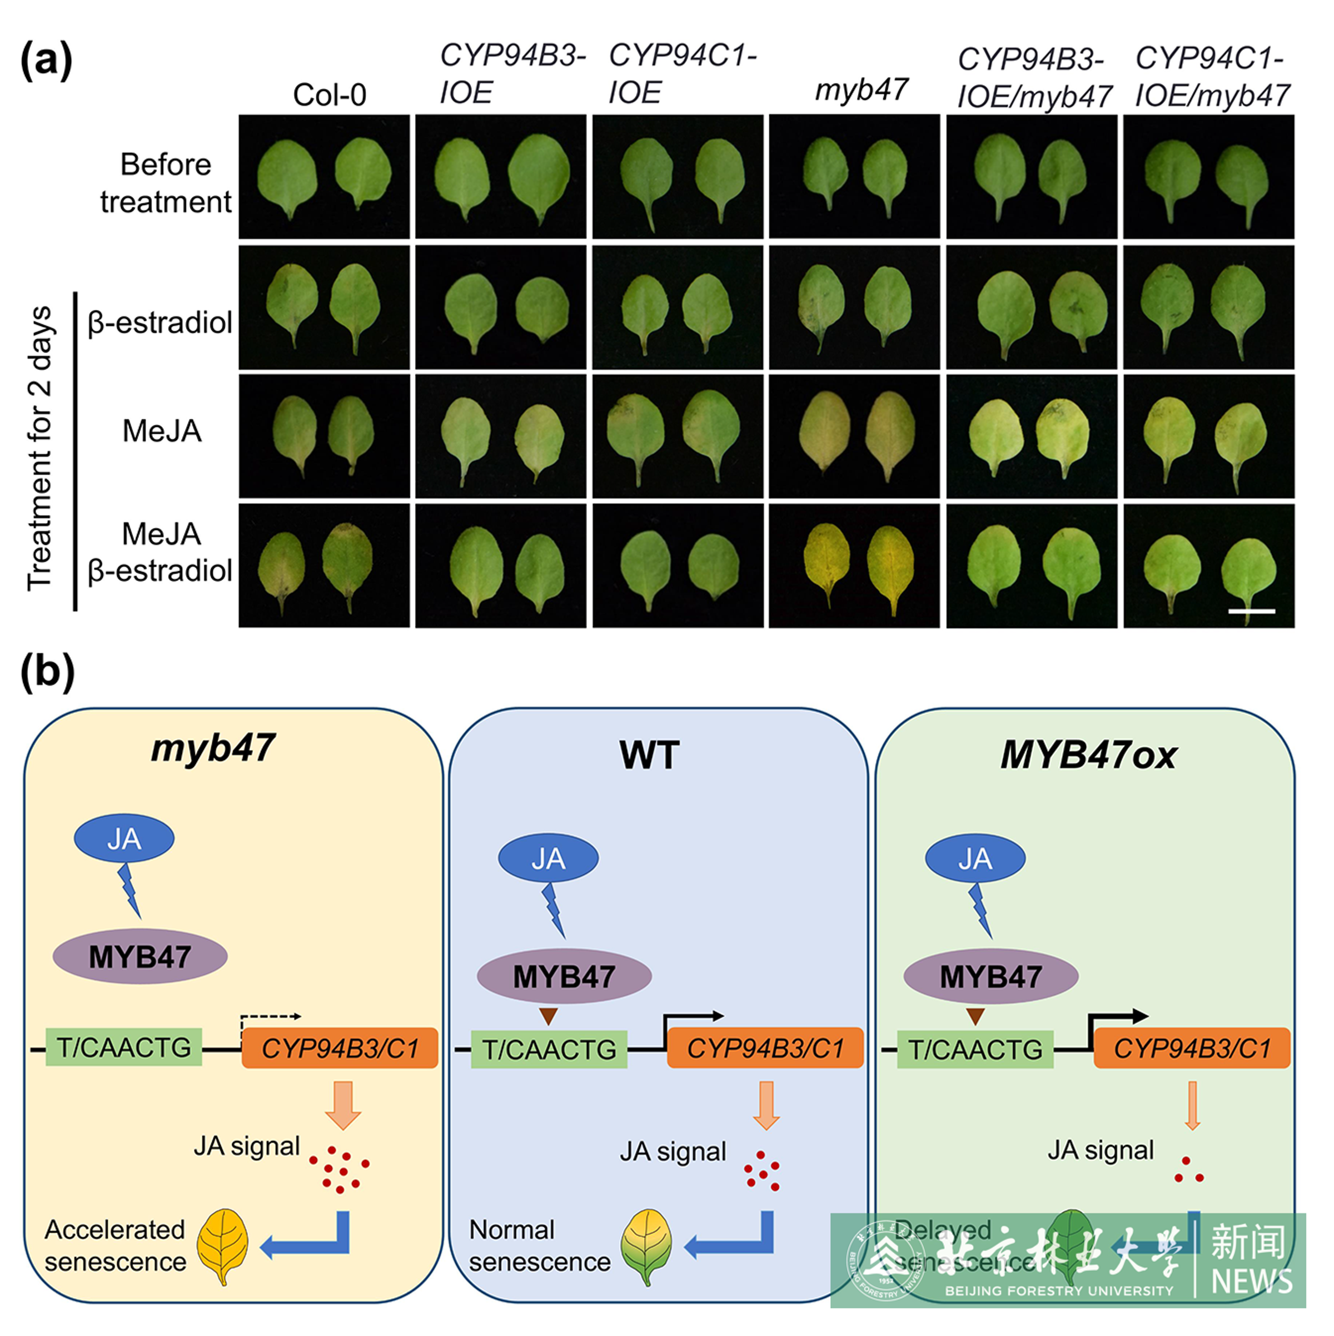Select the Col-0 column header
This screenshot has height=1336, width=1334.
coord(329,95)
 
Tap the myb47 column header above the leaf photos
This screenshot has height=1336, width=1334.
coord(861,90)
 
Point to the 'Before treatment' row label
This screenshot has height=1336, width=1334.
coord(165,183)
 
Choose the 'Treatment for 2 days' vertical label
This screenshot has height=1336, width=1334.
coord(40,449)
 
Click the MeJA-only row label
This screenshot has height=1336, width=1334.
coord(162,431)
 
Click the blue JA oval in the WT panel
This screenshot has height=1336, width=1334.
coord(548,858)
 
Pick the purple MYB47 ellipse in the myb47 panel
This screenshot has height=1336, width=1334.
coord(140,957)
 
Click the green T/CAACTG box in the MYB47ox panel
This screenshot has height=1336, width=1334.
coord(974,1050)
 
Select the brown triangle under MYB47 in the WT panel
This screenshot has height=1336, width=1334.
coord(548,1016)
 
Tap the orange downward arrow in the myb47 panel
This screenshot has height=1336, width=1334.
coord(343,1104)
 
